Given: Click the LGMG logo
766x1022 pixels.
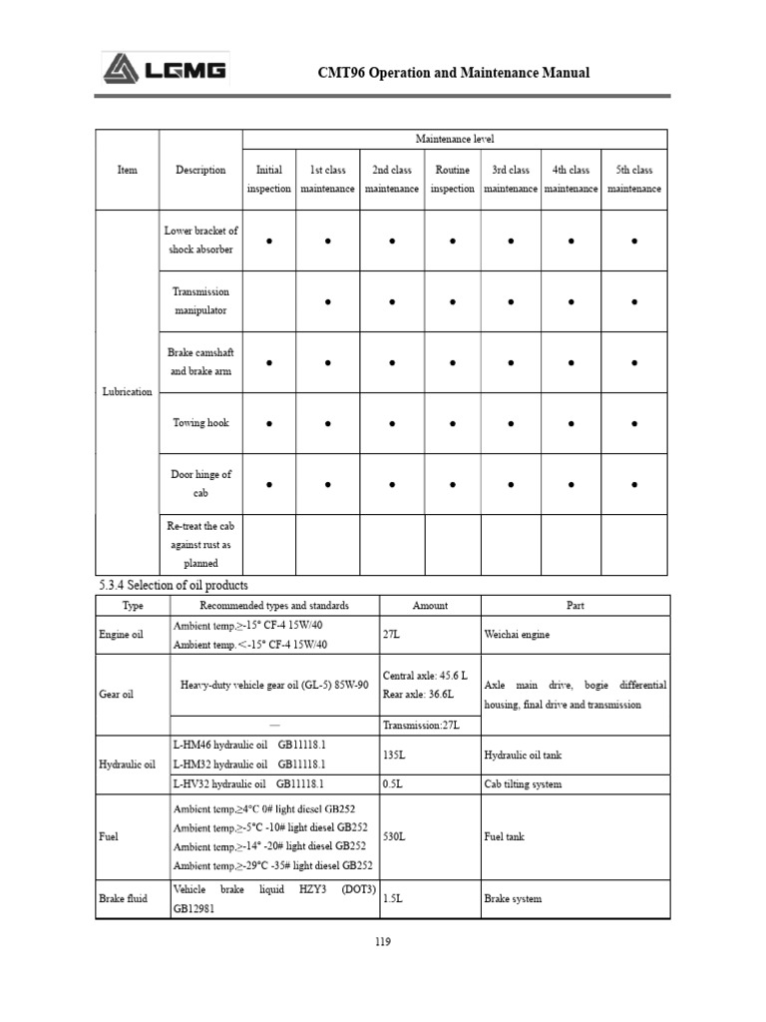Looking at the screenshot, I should click(165, 70).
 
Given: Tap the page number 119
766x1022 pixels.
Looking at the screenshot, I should click(383, 939).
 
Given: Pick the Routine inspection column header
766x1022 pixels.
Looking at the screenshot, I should click(452, 180).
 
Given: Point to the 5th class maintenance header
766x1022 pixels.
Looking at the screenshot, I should click(633, 180).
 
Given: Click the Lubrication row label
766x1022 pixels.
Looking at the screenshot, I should click(128, 392).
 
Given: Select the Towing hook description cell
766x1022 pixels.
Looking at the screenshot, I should click(200, 423).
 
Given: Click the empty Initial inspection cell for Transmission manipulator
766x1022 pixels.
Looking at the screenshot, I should click(269, 301).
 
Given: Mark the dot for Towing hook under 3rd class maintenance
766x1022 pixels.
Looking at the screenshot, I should click(511, 424).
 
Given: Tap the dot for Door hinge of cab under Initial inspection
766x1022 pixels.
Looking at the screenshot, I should click(269, 485).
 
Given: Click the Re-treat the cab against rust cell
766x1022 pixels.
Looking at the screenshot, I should click(200, 544).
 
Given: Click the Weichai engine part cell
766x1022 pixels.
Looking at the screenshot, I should click(516, 634).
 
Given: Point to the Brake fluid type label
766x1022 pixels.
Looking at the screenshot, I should click(124, 898).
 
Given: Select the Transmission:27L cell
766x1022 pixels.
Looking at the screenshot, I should click(419, 725).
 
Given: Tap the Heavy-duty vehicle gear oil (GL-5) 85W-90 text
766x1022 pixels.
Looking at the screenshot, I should click(274, 686).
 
